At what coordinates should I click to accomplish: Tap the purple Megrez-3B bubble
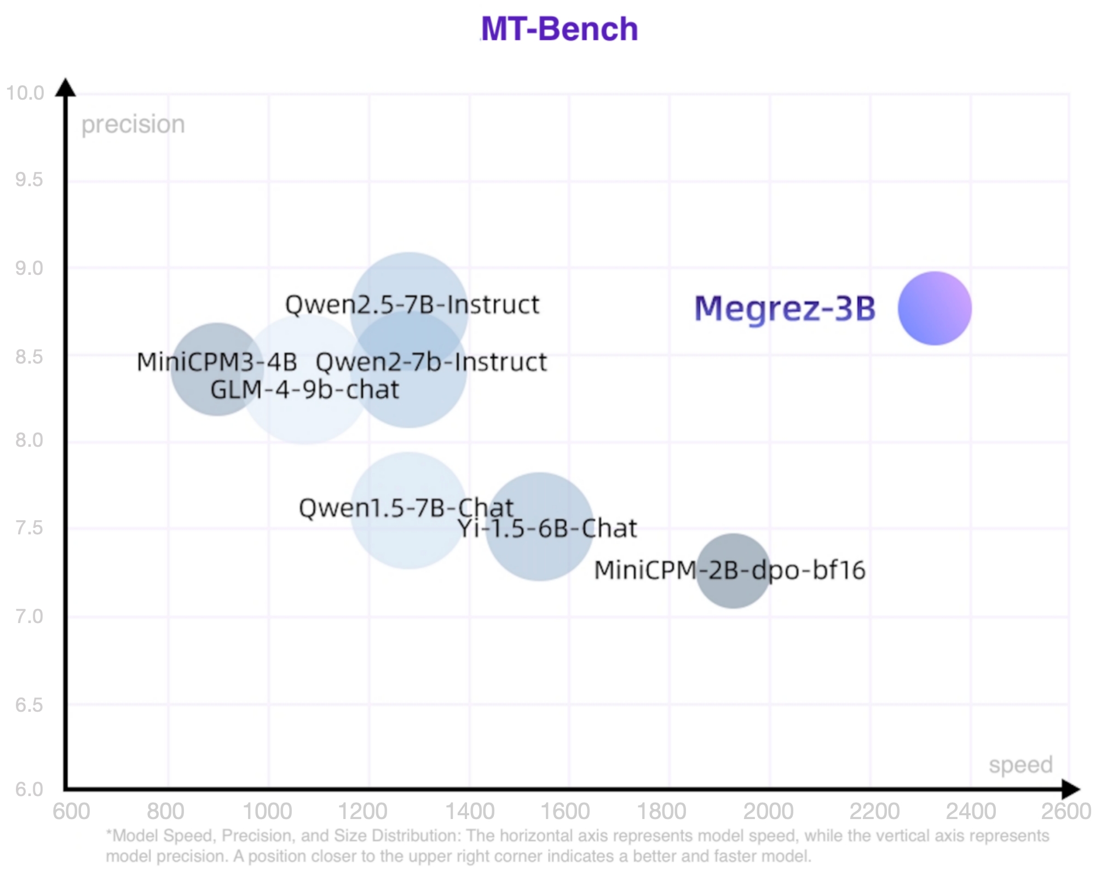[x=935, y=308]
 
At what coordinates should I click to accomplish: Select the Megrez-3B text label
[x=785, y=308]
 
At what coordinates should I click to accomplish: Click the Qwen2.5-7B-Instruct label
[x=412, y=304]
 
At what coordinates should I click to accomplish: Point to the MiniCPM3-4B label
[x=217, y=362]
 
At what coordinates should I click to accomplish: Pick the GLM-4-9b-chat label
[x=305, y=390]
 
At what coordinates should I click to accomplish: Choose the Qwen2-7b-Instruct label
[x=431, y=362]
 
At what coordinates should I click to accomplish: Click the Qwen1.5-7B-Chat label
[x=406, y=508]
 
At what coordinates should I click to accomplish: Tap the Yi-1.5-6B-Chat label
[x=547, y=528]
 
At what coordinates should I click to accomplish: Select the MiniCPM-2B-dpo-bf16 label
[x=730, y=570]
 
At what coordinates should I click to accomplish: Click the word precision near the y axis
[x=133, y=124]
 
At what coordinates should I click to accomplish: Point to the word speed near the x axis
[x=1021, y=764]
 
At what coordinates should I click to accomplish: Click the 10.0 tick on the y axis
[x=25, y=93]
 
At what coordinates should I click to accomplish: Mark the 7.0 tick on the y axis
[x=29, y=616]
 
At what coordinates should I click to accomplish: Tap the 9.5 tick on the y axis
[x=29, y=180]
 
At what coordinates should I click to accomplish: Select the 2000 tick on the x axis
[x=768, y=811]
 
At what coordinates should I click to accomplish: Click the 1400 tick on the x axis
[x=470, y=811]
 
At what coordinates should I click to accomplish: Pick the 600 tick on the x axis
[x=71, y=811]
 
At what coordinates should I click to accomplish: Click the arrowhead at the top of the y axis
[x=66, y=88]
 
